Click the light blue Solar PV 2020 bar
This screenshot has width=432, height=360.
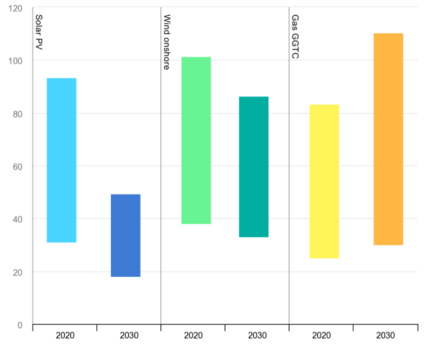pyautogui.click(x=61, y=160)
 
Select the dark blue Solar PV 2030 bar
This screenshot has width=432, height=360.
pyautogui.click(x=125, y=235)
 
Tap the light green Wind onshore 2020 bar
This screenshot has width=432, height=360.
pyautogui.click(x=196, y=141)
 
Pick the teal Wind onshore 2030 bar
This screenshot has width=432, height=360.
pyautogui.click(x=254, y=167)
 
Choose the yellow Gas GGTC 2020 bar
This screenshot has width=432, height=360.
pyautogui.click(x=325, y=181)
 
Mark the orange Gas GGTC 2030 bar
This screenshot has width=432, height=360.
pyautogui.click(x=388, y=139)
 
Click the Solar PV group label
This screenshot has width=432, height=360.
pyautogui.click(x=39, y=33)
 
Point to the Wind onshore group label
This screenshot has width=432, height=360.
pyautogui.click(x=167, y=42)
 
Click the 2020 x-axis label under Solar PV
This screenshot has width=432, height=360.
pyautogui.click(x=65, y=336)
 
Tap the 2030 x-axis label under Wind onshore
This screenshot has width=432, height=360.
pyautogui.click(x=257, y=336)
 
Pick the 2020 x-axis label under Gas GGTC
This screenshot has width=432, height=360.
pyautogui.click(x=321, y=336)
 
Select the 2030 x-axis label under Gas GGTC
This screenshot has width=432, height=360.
pyautogui.click(x=385, y=336)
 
